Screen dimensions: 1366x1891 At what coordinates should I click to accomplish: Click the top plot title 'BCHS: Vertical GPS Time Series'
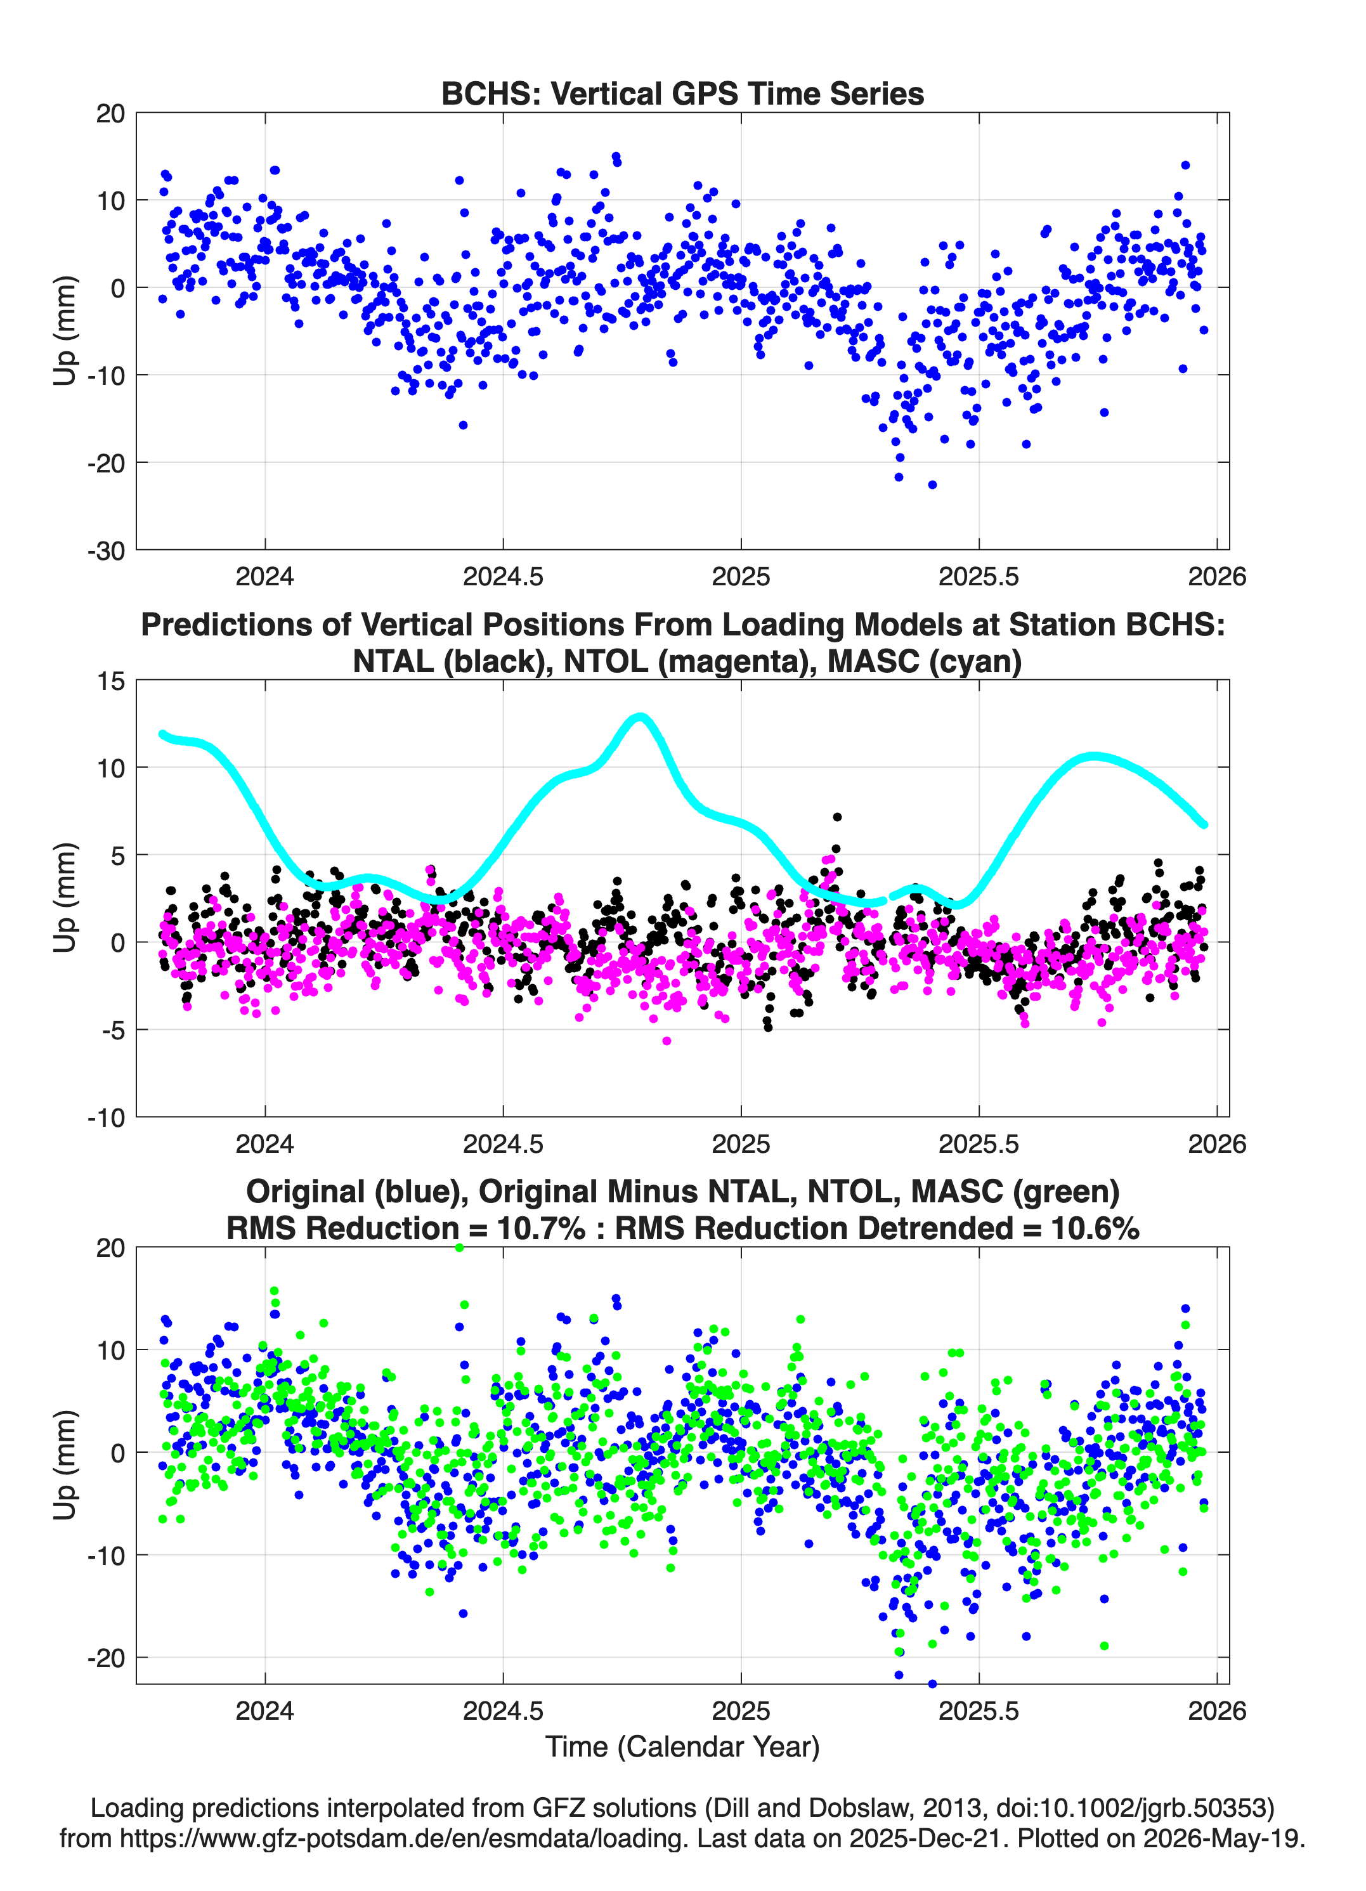coord(682,93)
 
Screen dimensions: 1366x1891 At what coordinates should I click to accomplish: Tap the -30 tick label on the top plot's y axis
coord(105,550)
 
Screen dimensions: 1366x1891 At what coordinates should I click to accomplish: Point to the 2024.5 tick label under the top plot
coord(503,576)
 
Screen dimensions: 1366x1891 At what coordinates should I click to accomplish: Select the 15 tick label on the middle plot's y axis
coord(111,681)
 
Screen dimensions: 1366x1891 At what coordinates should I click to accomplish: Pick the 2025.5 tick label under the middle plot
coord(979,1143)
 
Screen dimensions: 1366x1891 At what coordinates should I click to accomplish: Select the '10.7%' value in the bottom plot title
coord(540,1228)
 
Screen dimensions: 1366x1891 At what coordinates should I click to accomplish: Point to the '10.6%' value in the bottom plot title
coord(1095,1228)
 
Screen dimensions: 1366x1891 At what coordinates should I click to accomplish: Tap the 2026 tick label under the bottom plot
coord(1217,1711)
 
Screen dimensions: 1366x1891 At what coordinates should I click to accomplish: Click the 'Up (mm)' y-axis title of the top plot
coord(65,331)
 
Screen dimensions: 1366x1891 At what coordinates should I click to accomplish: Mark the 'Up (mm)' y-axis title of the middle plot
coord(65,898)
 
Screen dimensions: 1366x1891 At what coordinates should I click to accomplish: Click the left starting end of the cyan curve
coord(162,734)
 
